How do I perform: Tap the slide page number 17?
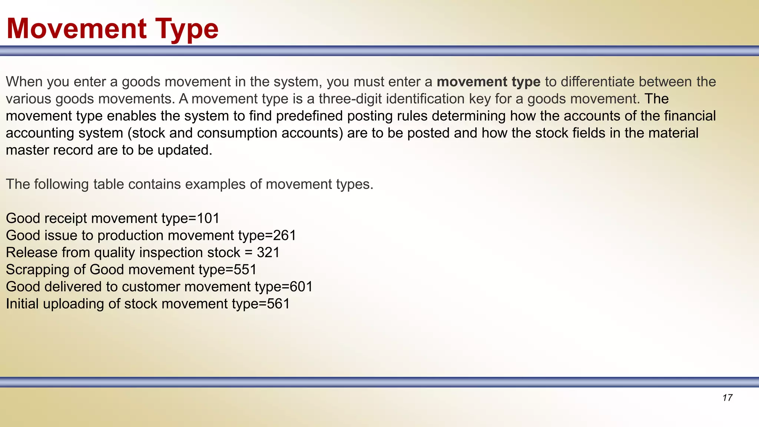727,398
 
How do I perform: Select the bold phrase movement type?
488,82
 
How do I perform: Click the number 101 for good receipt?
208,218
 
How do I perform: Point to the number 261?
284,235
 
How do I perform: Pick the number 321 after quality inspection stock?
268,252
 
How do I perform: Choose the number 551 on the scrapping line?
245,269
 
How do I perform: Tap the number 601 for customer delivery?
301,287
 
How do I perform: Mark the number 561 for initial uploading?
278,304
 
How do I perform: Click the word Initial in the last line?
22,304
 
